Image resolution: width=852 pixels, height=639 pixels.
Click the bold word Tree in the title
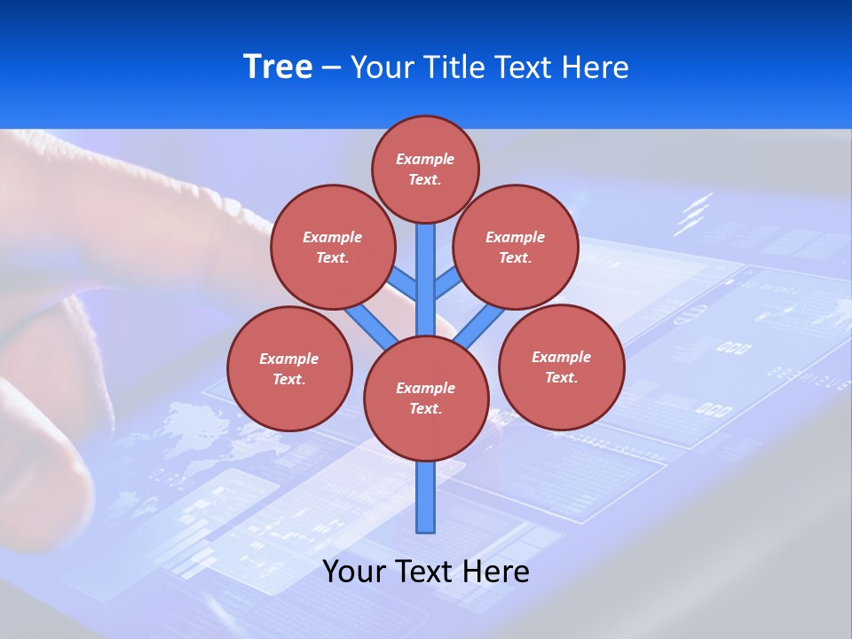(x=277, y=67)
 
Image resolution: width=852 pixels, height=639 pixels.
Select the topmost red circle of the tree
(x=425, y=169)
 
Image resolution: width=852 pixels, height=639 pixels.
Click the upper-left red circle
(x=332, y=247)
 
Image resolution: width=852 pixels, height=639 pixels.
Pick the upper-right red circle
(x=516, y=247)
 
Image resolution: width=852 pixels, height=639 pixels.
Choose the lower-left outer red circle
(x=288, y=368)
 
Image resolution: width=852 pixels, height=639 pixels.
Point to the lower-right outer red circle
(x=561, y=367)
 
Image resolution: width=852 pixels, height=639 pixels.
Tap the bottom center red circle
(x=426, y=398)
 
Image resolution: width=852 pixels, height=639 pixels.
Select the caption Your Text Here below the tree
(x=426, y=571)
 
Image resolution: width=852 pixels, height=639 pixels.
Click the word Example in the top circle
(x=425, y=159)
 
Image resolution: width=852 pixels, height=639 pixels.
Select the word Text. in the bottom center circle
(x=425, y=408)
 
